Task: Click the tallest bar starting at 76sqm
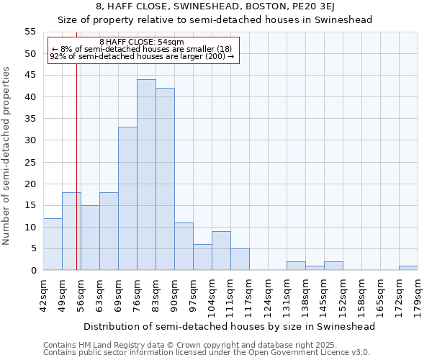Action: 146,175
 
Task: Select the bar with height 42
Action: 165,179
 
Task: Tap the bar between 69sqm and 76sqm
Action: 127,199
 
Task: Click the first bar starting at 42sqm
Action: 53,244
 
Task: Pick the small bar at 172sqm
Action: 408,268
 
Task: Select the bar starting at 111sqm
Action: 240,259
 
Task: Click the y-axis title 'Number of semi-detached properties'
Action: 7,156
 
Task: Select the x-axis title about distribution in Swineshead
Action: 230,326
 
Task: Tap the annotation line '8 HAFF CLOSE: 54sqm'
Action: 142,42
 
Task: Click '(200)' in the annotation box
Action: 216,56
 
